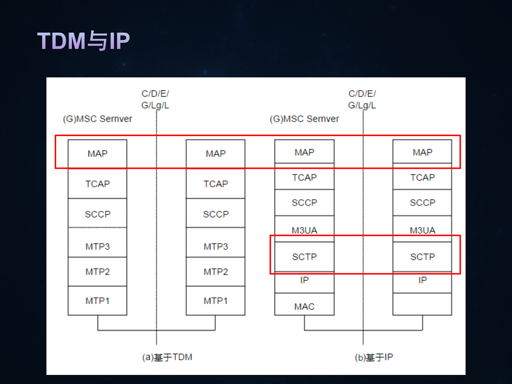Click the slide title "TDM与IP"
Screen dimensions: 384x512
84,41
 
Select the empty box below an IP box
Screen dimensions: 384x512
422,304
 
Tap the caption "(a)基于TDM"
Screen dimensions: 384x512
167,357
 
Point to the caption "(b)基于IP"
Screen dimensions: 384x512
374,357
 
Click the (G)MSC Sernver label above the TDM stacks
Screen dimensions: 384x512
97,119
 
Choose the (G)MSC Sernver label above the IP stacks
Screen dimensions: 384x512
304,119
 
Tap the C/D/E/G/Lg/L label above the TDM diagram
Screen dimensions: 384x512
155,100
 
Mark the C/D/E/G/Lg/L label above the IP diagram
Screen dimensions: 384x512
362,100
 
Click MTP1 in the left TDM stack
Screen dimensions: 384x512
97,301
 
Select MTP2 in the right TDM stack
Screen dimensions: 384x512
216,272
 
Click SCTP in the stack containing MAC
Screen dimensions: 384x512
304,257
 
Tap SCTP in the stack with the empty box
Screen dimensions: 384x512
422,257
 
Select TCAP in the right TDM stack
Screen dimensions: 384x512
216,184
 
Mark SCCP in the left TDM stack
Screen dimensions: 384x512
97,214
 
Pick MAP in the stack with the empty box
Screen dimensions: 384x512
422,152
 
